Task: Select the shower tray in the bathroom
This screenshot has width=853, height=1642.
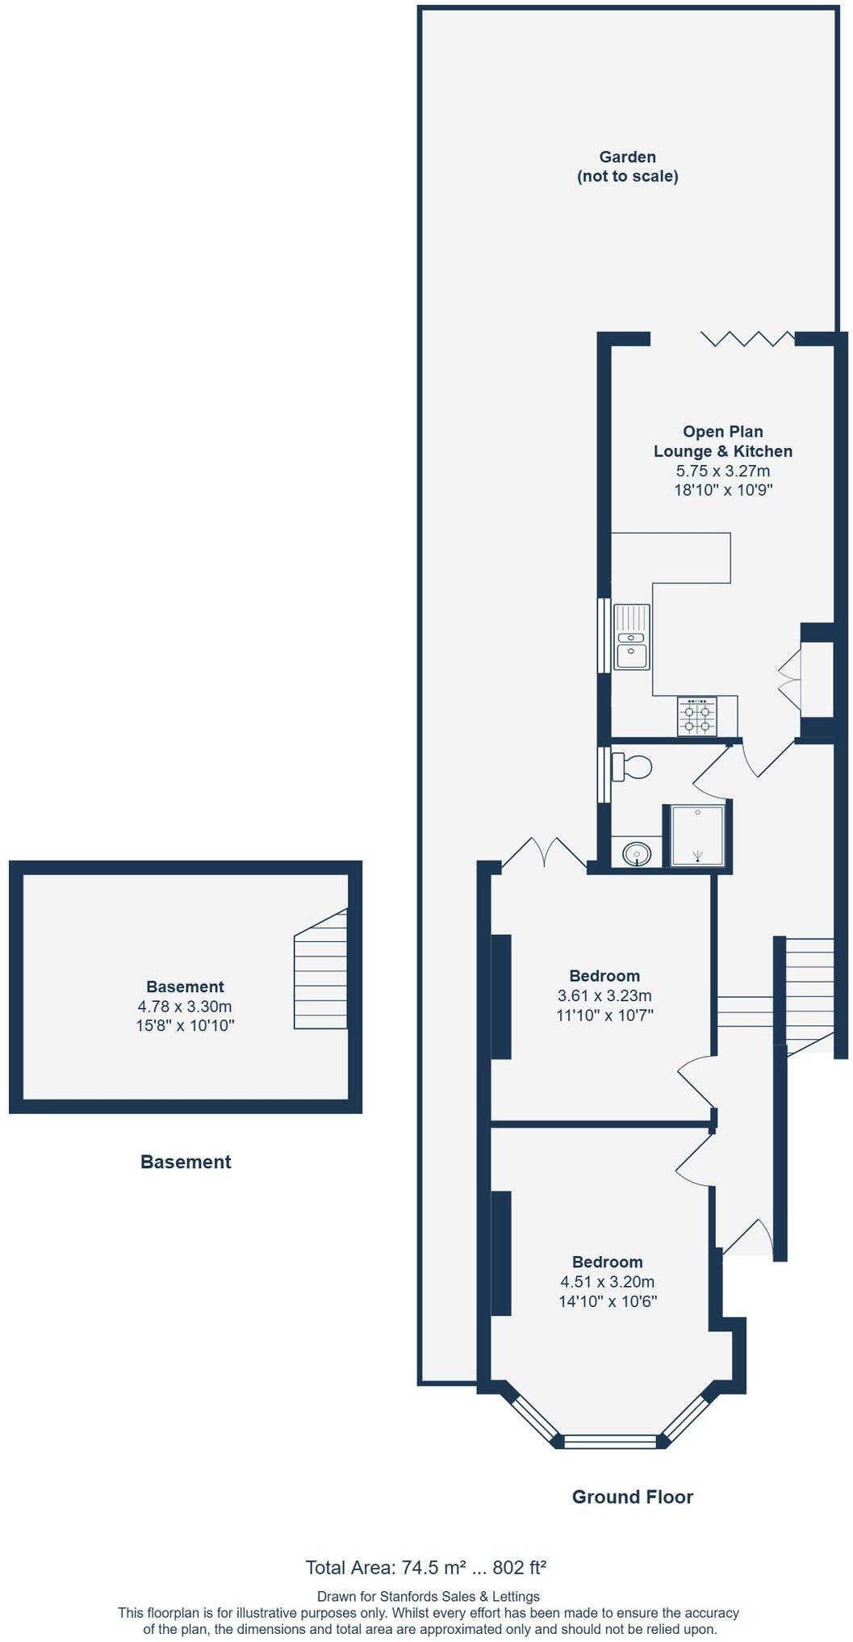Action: [697, 836]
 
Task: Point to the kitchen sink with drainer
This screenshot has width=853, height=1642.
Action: [632, 637]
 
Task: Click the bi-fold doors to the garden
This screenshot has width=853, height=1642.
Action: [747, 338]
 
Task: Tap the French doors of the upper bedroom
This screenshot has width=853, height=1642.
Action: [544, 854]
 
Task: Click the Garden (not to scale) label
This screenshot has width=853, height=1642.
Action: [627, 166]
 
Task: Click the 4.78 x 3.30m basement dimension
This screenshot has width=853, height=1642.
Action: [185, 1007]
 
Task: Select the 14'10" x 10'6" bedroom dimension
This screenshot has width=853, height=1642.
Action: [608, 1301]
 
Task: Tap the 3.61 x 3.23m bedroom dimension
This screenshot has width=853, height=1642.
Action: [604, 995]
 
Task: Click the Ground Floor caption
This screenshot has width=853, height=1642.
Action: [632, 1497]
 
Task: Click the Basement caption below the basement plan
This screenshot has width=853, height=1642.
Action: [186, 1162]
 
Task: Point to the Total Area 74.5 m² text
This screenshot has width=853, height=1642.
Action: [425, 1568]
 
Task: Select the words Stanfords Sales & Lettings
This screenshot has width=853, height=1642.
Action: [461, 1596]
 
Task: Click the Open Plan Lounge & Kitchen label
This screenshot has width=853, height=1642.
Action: [722, 442]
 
